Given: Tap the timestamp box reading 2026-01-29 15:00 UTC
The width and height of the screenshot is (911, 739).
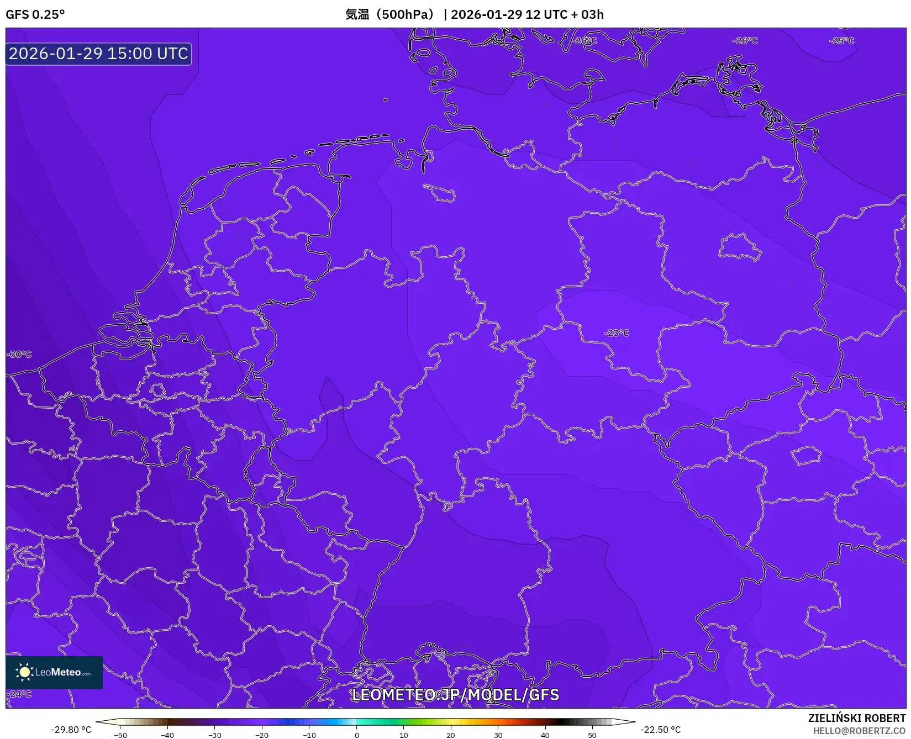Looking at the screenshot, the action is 98,54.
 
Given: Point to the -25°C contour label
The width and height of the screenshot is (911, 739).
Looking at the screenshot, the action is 841,41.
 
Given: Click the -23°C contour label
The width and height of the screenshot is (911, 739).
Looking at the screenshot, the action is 617,333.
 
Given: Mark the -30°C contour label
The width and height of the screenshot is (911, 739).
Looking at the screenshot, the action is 20,355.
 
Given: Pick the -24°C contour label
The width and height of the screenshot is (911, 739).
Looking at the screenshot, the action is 20,694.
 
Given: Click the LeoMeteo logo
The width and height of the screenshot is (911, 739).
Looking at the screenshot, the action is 54,672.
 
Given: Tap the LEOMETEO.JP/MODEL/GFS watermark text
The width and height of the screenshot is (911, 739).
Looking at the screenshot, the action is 455,695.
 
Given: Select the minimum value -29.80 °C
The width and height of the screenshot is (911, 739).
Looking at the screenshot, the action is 71,730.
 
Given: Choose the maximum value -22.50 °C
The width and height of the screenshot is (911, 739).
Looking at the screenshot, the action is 661,730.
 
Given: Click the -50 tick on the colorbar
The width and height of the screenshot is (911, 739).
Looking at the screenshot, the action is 120,735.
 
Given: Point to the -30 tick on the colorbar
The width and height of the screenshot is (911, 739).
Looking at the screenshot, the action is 215,735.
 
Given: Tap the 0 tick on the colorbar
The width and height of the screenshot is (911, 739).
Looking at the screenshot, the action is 357,735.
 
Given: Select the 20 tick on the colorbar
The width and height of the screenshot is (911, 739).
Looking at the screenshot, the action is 451,735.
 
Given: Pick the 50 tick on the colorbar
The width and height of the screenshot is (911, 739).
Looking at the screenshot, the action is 592,735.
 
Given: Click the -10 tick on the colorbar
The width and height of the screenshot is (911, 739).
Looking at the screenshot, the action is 309,735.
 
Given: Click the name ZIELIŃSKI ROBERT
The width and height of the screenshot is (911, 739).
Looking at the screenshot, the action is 857,718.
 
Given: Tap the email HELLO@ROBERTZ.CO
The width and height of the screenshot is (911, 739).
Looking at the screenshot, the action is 859,731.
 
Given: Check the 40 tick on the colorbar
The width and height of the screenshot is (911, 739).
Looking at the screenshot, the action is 545,735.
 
